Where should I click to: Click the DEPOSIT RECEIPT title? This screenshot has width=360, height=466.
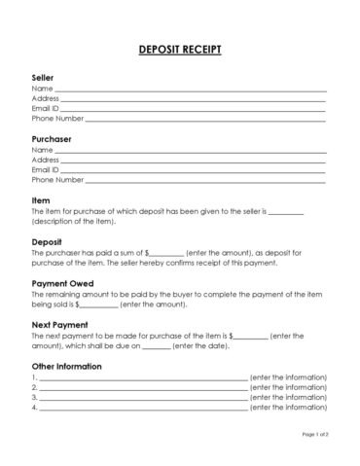pyautogui.click(x=180, y=50)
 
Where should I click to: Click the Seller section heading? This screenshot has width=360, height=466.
pyautogui.click(x=43, y=77)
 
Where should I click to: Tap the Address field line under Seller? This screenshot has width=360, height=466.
pyautogui.click(x=194, y=98)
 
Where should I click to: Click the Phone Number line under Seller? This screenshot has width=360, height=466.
pyautogui.click(x=205, y=119)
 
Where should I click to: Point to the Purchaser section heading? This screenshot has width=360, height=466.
pyautogui.click(x=52, y=138)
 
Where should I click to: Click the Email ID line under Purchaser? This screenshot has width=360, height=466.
pyautogui.click(x=194, y=170)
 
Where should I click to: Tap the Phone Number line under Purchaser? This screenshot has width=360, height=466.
pyautogui.click(x=205, y=180)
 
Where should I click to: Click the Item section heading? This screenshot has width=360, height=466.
pyautogui.click(x=41, y=200)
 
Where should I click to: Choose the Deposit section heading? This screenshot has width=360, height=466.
pyautogui.click(x=48, y=241)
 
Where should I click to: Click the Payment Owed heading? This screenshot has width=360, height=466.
pyautogui.click(x=63, y=283)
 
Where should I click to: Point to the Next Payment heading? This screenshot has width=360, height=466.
pyautogui.click(x=60, y=324)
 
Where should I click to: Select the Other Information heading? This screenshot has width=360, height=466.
pyautogui.click(x=67, y=366)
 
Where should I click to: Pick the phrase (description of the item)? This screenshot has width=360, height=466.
pyautogui.click(x=71, y=222)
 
